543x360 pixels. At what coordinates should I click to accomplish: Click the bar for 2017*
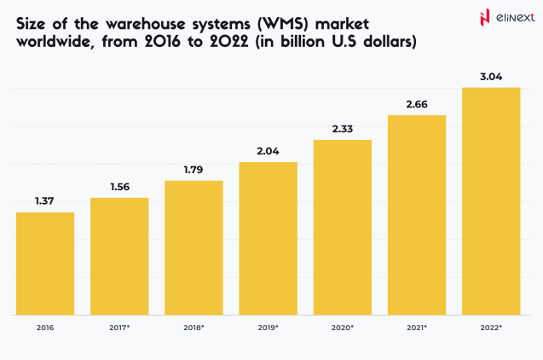click(119, 256)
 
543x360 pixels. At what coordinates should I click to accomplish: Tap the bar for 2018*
click(194, 247)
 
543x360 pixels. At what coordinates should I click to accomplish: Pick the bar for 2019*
click(268, 238)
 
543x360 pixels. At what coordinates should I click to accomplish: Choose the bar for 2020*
click(342, 227)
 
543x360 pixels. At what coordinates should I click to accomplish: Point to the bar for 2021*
click(417, 214)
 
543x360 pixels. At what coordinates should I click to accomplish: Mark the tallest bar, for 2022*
click(491, 200)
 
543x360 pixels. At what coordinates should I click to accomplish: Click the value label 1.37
click(45, 200)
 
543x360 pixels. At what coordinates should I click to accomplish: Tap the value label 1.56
click(119, 186)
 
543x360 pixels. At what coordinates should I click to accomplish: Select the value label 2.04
click(268, 150)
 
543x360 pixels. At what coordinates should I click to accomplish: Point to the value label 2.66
click(417, 103)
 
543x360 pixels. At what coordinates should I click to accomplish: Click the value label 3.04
click(491, 76)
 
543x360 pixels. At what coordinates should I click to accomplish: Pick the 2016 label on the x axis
click(45, 327)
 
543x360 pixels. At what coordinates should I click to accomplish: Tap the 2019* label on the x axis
click(268, 327)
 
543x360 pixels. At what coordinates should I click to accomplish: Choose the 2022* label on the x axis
click(491, 327)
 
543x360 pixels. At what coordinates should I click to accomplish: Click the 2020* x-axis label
click(342, 327)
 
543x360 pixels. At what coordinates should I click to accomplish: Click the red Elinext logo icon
click(484, 18)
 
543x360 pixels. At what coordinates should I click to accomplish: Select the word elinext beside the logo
click(511, 18)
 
